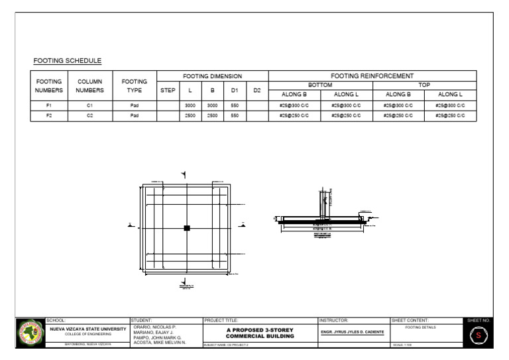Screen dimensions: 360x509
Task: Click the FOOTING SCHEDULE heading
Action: pos(68,61)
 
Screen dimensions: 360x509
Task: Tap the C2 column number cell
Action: pos(90,115)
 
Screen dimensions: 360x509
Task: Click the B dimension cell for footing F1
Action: pos(212,105)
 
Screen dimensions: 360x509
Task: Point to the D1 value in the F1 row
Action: pos(235,105)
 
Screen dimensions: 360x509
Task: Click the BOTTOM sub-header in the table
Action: pos(321,85)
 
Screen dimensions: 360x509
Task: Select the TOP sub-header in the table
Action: pos(424,85)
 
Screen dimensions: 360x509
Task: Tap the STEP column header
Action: pos(168,90)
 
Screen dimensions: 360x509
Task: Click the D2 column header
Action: pos(257,90)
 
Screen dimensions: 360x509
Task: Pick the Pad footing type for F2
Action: pos(135,115)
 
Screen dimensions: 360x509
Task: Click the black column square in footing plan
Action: pos(187,227)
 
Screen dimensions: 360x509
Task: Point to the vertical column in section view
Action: pos(323,202)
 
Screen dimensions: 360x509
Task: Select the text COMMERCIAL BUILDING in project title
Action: pos(260,336)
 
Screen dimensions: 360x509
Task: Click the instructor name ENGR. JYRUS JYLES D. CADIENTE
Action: pos(353,332)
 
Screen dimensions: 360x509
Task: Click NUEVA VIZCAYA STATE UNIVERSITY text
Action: pos(88,329)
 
